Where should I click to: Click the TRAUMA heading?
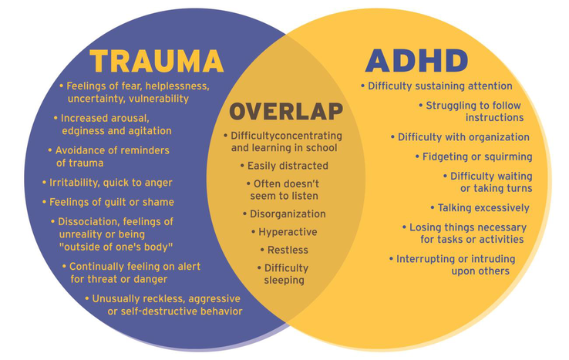tap(157, 61)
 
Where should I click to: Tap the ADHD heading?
tap(416, 61)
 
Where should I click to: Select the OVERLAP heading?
tap(286, 111)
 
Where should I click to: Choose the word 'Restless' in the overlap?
tap(288, 250)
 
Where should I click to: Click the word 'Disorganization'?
tap(288, 214)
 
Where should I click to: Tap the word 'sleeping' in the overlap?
tap(284, 280)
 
